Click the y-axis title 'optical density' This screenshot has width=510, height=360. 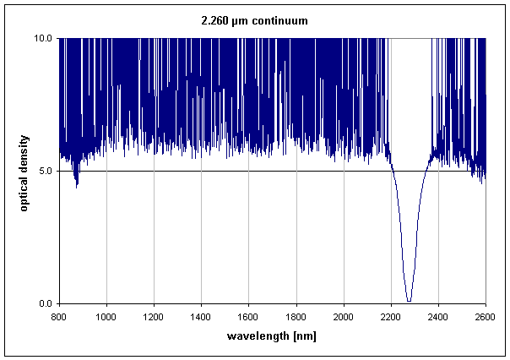24,172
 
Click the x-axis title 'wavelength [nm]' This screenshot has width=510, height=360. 272,336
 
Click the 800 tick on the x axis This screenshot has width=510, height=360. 58,317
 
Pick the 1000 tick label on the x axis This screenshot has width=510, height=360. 106,317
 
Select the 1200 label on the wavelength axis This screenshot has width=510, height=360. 153,317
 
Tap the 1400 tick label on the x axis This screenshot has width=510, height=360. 200,317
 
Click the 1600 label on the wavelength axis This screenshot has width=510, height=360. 248,317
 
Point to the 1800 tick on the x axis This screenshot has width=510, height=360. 296,317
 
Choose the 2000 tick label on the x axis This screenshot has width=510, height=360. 343,317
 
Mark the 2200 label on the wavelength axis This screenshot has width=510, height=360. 390,317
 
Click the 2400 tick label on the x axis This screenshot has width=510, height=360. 437,317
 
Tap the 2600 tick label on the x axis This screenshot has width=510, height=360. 485,317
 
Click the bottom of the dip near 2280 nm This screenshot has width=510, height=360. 409,300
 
